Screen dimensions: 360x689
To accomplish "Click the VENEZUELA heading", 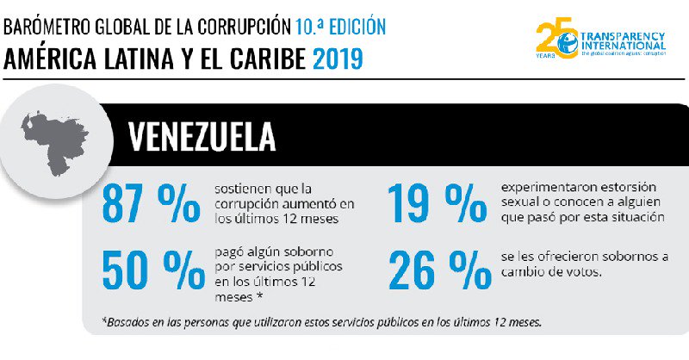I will pos(202,135).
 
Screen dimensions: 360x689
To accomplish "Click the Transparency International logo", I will pos(600,40).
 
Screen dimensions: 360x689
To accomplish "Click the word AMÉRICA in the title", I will pos(48,59).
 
